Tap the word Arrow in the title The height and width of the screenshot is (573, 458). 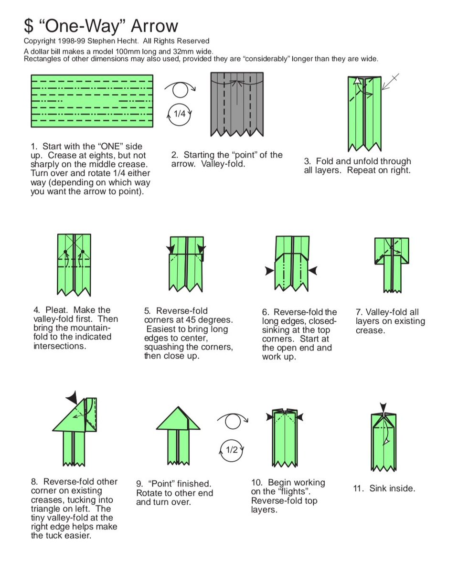pos(154,26)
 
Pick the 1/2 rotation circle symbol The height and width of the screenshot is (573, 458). pos(232,450)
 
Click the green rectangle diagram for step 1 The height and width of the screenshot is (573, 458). pos(92,101)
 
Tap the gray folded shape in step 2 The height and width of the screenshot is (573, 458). pos(237,103)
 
